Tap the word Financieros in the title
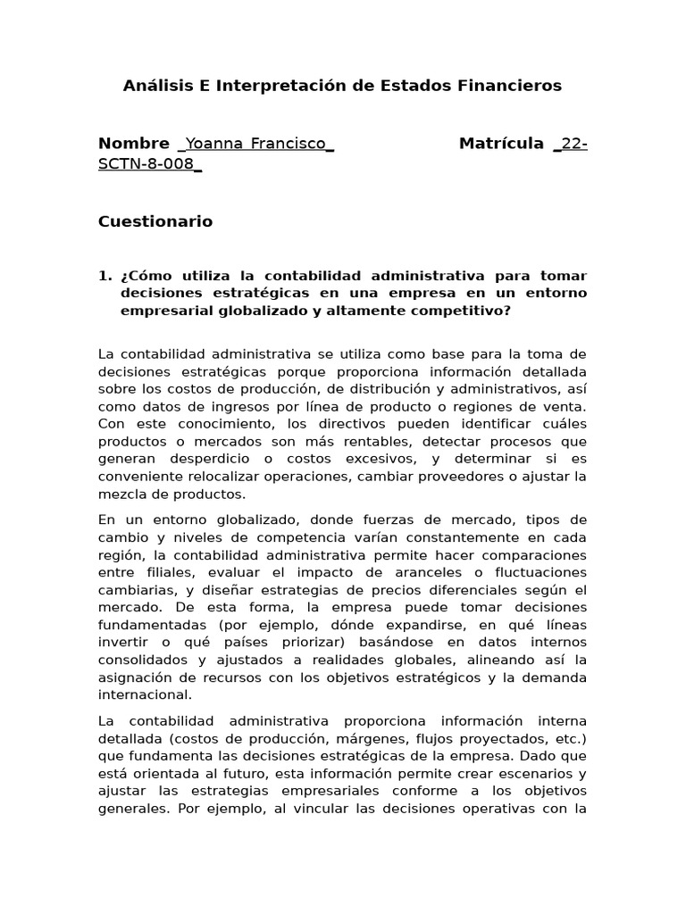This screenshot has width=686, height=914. coord(508,86)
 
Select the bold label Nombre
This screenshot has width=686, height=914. coord(133,144)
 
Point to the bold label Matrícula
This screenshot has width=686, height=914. coord(501,144)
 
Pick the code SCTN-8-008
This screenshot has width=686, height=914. coord(146,164)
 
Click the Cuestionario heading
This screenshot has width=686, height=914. coord(155,221)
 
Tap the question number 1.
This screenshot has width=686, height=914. coord(104,276)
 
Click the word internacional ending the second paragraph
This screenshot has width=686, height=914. coord(145,694)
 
